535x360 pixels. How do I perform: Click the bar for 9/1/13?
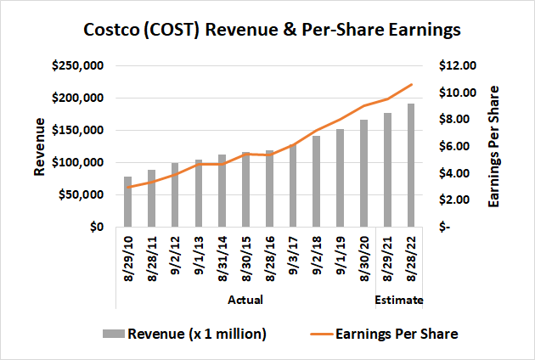tap(199, 194)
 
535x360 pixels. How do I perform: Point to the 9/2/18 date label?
tap(317, 263)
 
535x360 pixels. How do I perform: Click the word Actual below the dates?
tap(245, 300)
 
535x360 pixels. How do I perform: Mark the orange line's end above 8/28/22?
tap(411, 84)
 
